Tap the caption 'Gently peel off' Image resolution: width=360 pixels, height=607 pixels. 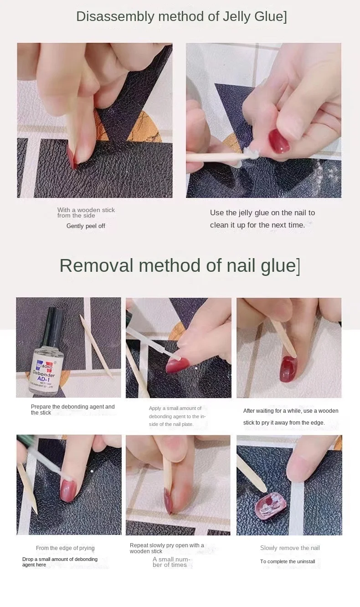[86, 226]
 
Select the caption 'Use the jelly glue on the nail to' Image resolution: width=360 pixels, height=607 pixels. [262, 213]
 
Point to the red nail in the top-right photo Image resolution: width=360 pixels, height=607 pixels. [278, 141]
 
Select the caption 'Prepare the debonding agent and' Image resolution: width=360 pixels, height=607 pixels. [72, 407]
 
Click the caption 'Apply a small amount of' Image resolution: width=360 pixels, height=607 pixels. [175, 408]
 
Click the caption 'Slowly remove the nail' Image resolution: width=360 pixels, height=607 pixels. [290, 548]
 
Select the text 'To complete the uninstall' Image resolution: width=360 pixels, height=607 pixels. [288, 561]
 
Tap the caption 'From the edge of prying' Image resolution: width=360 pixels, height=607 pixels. [65, 548]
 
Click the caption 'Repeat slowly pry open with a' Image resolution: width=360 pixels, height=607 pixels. [167, 545]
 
